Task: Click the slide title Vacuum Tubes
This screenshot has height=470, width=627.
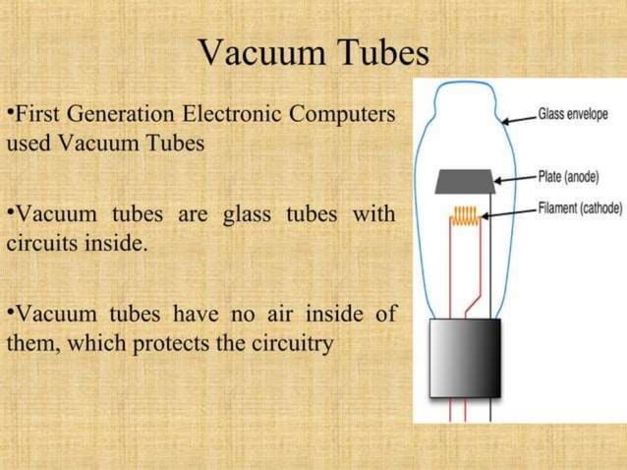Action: coord(313,52)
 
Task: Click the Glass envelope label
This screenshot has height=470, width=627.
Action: coord(573,115)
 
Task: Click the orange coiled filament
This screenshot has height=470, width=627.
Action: coord(465,217)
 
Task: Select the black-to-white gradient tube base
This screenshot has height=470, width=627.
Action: coord(465,356)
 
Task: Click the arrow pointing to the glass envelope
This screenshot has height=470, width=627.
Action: coord(517,119)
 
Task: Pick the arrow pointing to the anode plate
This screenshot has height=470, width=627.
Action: coord(514,179)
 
